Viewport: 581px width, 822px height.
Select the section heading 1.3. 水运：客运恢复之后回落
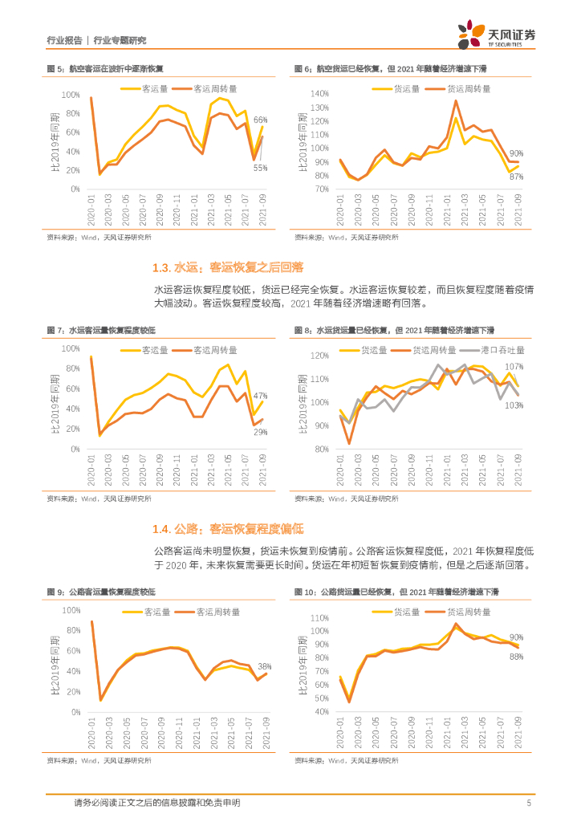click(228, 267)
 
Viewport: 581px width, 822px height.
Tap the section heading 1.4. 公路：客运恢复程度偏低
click(228, 529)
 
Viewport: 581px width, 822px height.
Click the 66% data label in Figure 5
click(261, 120)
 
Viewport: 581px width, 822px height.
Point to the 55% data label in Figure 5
click(260, 167)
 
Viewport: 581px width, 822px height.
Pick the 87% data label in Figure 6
click(516, 176)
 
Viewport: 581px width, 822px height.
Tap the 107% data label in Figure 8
click(514, 366)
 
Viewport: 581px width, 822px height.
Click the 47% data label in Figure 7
click(260, 395)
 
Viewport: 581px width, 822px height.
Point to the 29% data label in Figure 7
click(260, 432)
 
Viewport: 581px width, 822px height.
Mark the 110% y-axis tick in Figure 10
click(319, 618)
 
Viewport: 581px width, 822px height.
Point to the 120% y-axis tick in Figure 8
click(319, 355)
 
